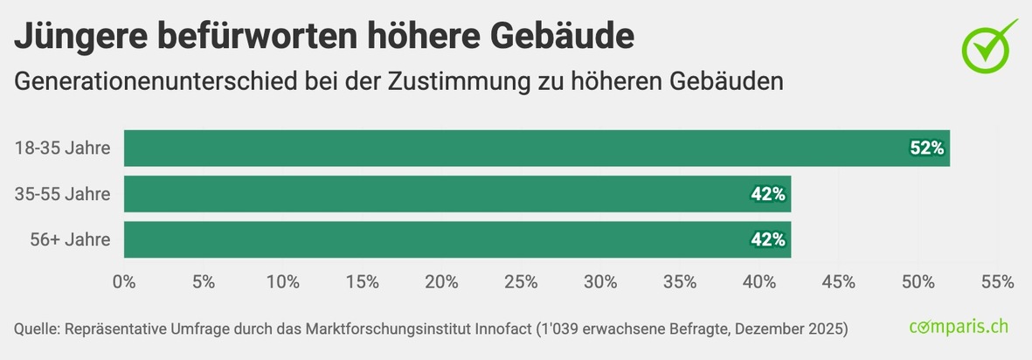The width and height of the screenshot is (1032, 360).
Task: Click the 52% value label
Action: tap(926, 149)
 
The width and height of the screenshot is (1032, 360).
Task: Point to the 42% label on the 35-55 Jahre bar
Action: tap(767, 194)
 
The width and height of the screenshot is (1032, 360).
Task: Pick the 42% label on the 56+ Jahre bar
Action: tap(767, 239)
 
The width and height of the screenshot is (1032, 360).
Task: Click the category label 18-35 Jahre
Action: tap(62, 149)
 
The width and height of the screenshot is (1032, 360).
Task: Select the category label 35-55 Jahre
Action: tap(62, 194)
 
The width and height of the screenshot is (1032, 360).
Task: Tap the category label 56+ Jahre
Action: tap(69, 239)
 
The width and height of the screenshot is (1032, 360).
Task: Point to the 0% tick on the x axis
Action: tap(124, 282)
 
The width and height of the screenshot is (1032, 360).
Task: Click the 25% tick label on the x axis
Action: tap(521, 282)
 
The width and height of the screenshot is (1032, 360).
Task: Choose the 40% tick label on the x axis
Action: tap(759, 282)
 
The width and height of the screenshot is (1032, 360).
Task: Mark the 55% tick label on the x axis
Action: tap(997, 282)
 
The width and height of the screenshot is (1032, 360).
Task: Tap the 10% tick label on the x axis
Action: tap(283, 282)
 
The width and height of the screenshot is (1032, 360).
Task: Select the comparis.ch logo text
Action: tap(959, 328)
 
